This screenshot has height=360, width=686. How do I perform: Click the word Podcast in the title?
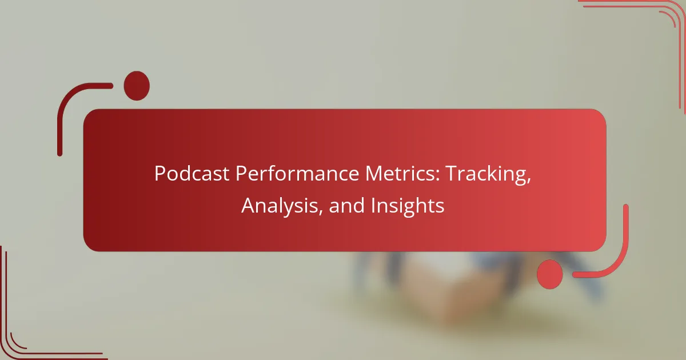(x=192, y=174)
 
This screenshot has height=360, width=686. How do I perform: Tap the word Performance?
(x=297, y=174)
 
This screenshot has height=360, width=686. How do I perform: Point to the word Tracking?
(x=486, y=175)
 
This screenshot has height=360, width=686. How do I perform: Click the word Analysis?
(x=280, y=206)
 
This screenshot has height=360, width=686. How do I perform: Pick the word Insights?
(x=407, y=206)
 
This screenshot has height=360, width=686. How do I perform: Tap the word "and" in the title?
(x=346, y=205)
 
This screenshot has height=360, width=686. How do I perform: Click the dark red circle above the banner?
(x=137, y=86)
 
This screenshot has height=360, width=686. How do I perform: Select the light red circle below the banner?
(x=550, y=274)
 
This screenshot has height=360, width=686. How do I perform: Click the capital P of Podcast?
(x=161, y=174)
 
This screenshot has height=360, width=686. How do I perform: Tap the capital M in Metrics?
(x=374, y=174)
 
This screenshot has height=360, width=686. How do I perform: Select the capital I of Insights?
(x=373, y=206)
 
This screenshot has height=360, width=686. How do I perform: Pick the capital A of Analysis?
(x=249, y=206)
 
